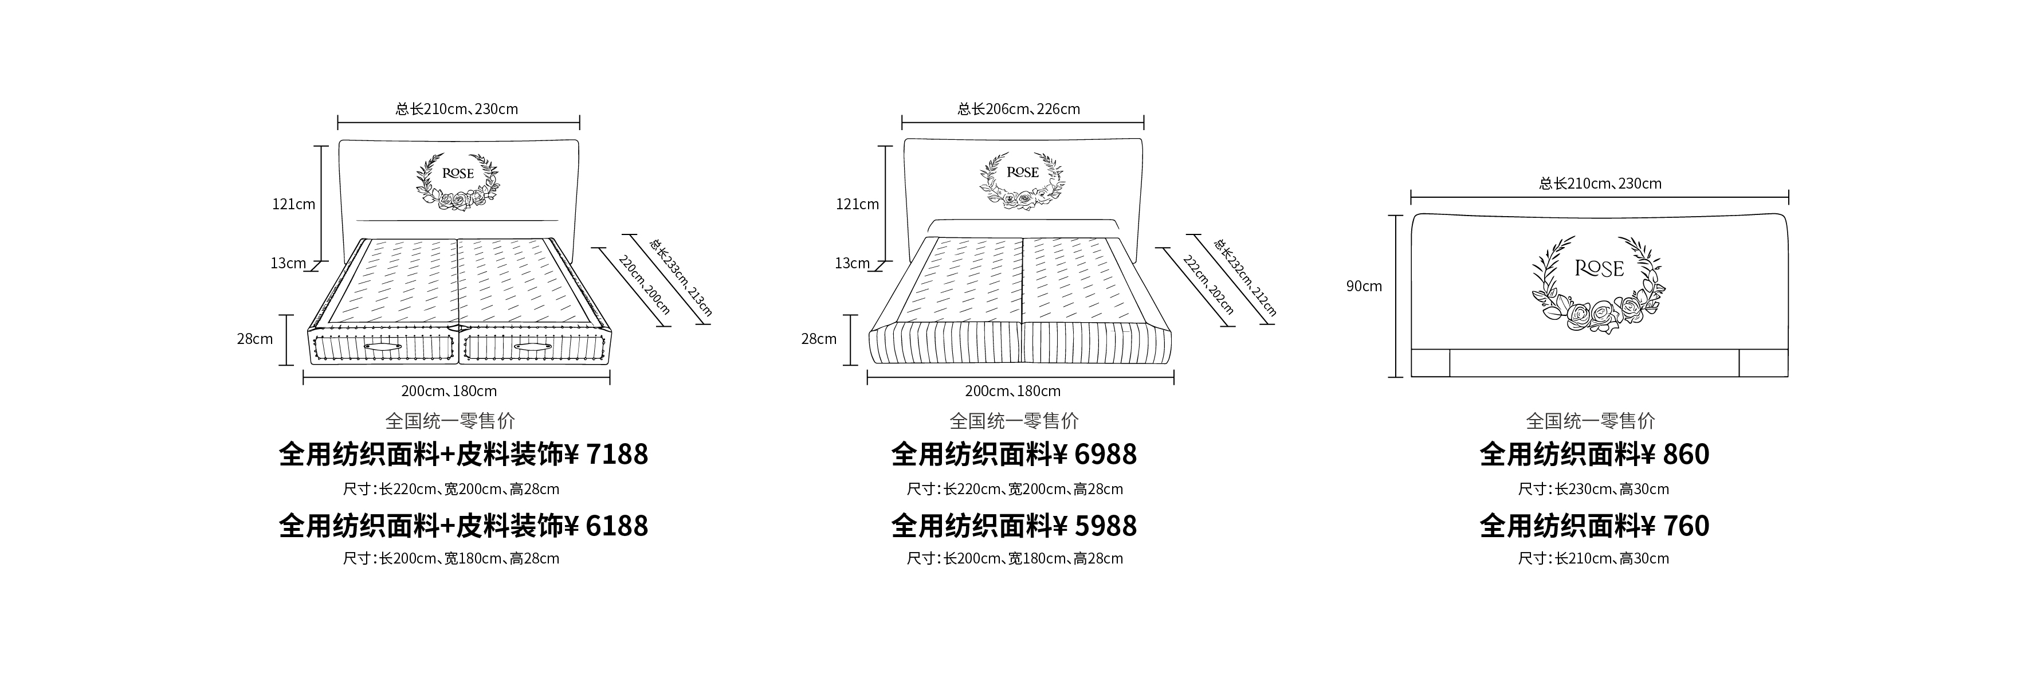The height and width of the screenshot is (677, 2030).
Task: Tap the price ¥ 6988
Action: [1096, 455]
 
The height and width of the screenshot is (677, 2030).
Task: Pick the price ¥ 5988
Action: [1096, 526]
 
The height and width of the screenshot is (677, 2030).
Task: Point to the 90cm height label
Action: [1364, 287]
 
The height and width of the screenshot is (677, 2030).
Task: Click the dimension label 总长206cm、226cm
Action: [1019, 109]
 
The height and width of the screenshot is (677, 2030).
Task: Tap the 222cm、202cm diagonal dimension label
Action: [1208, 284]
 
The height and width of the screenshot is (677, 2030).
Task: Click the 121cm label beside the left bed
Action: [294, 204]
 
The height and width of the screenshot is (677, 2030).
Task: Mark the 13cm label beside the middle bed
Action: [853, 263]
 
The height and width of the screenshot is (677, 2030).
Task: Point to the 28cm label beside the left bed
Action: [256, 339]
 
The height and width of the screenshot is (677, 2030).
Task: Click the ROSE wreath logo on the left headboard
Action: [458, 181]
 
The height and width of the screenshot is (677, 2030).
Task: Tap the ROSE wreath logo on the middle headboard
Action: [1022, 181]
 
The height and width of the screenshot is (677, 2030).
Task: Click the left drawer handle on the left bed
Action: [382, 347]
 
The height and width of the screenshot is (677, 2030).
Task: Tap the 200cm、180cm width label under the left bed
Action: [449, 391]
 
